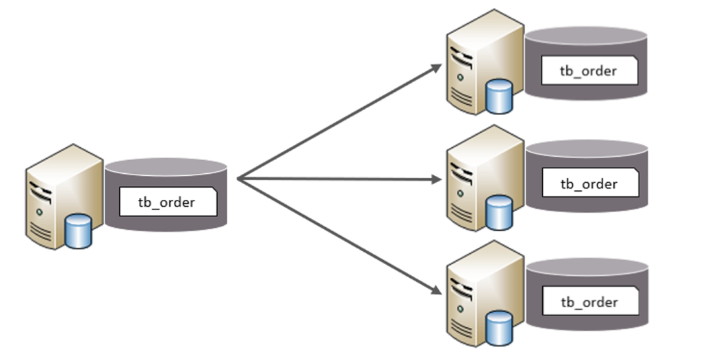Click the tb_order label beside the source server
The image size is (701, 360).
click(166, 203)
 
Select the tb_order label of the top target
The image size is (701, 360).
click(589, 70)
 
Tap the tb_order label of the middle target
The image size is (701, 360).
click(589, 184)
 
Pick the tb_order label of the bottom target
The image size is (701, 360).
click(589, 302)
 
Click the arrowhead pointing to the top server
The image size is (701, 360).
click(437, 67)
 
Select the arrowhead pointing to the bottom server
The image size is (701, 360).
click(437, 290)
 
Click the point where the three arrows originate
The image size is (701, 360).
click(238, 179)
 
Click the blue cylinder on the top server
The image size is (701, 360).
click(499, 97)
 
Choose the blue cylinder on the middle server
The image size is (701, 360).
click(499, 213)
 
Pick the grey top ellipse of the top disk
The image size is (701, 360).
click(587, 36)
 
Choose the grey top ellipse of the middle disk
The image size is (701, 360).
click(587, 149)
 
